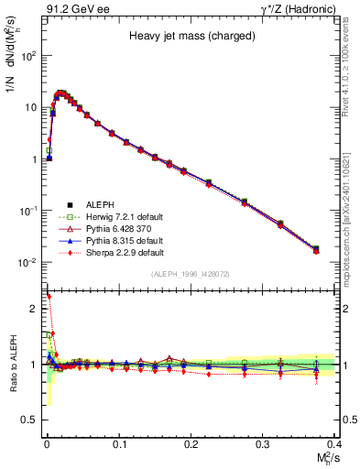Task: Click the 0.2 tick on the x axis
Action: tap(191, 444)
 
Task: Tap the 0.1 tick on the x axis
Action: tap(118, 444)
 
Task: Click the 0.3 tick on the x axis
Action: tap(263, 444)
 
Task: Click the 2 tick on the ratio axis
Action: tap(37, 309)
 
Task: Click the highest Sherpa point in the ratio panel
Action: tap(48, 296)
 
